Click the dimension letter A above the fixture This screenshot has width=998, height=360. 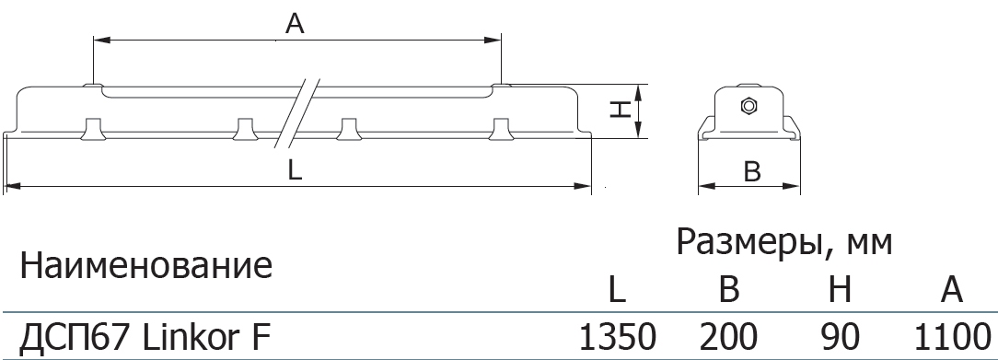coord(295,24)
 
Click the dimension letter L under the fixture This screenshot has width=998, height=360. coord(295,169)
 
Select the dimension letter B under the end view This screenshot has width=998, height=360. coord(752,171)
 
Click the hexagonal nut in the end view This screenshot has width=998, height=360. coord(748,106)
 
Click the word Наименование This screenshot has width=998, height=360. coord(146,265)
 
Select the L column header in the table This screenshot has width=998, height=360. coord(618,290)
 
